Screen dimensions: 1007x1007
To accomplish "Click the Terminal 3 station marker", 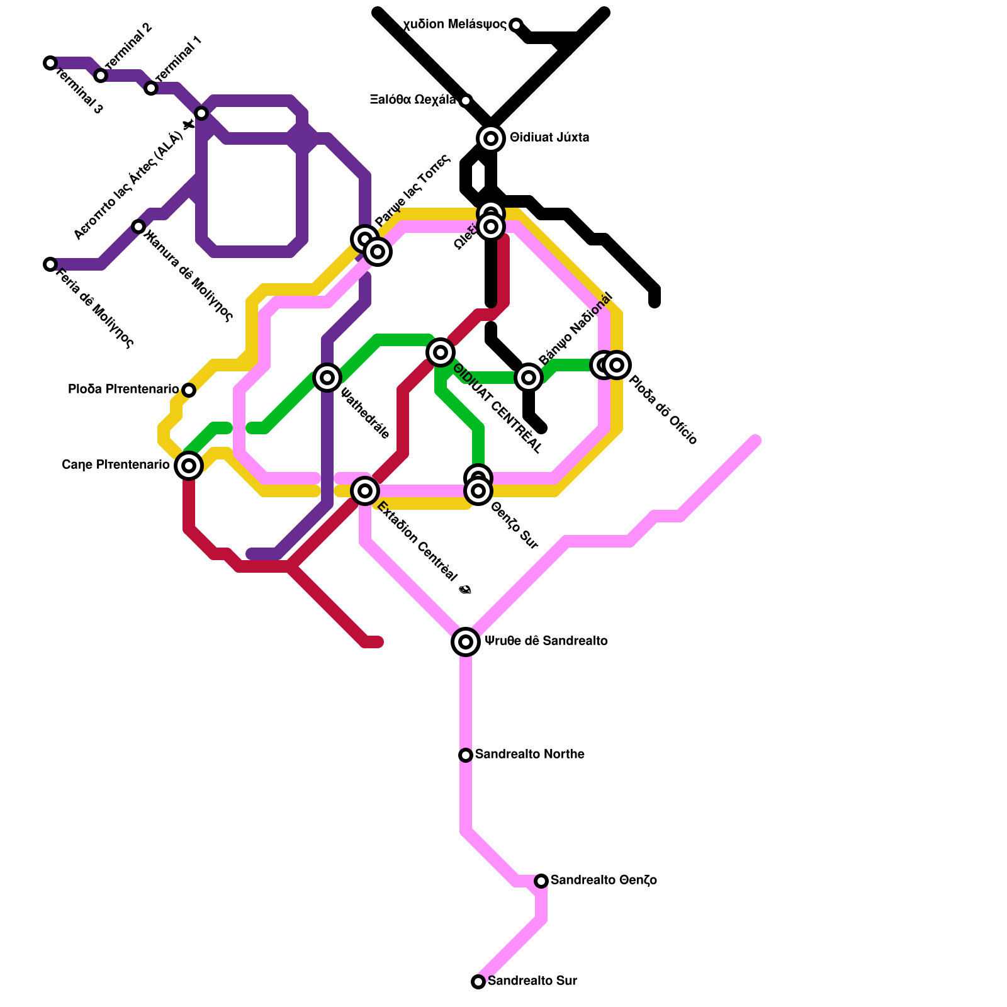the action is (x=50, y=63).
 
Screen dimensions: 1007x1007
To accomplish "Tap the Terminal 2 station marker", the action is (x=101, y=76).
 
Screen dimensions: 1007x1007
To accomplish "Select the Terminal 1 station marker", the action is (x=151, y=88).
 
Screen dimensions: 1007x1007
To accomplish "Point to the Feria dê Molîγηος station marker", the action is (x=50, y=264).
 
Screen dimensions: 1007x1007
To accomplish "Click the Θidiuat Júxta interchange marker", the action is (x=491, y=138).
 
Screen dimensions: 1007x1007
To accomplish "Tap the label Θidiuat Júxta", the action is (x=549, y=138).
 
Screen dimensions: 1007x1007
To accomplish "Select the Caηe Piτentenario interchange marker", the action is (x=188, y=466).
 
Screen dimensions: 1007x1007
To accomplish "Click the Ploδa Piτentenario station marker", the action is (x=189, y=390).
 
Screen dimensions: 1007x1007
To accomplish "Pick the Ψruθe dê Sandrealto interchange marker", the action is (x=466, y=641).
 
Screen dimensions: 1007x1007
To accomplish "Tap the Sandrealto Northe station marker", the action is (x=466, y=755).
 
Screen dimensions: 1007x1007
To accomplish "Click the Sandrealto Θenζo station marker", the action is (x=541, y=880).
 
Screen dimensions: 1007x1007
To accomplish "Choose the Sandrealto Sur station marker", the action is (x=478, y=981).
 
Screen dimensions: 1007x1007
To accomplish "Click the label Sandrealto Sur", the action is (x=532, y=981).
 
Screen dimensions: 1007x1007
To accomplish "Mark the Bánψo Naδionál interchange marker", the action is (x=529, y=377).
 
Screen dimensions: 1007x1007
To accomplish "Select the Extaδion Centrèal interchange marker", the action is (x=365, y=490).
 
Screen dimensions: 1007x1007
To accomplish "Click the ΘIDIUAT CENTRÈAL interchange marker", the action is (x=441, y=352).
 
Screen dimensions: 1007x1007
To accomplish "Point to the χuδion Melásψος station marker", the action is (x=516, y=25).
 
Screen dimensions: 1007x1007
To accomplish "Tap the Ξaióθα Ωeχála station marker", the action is (x=466, y=101).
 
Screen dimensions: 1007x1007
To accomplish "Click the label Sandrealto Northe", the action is (x=529, y=754).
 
